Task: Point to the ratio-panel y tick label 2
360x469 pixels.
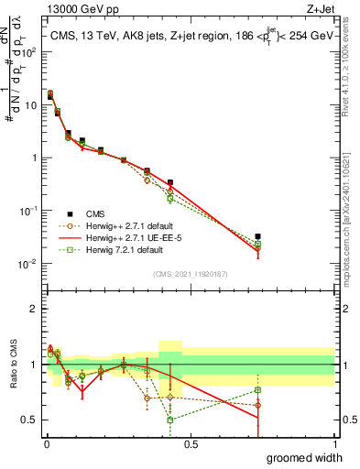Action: point(34,308)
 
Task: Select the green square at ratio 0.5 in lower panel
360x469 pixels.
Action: point(170,420)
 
